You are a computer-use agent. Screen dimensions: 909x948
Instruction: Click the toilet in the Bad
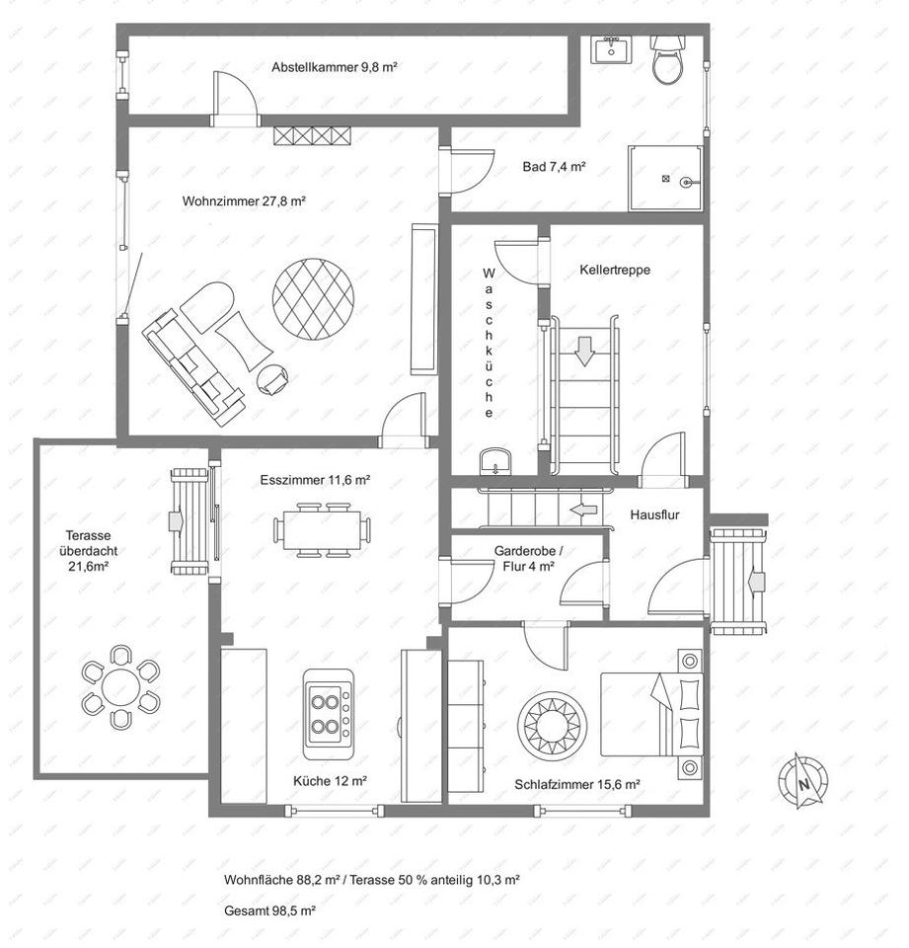tap(668, 62)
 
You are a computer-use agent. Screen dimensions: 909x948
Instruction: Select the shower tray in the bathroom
tap(665, 179)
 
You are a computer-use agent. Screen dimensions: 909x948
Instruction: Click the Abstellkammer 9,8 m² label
tap(335, 67)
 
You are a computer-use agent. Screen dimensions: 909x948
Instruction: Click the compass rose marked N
tap(803, 782)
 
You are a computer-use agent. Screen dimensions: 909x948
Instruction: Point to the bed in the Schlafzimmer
tap(652, 711)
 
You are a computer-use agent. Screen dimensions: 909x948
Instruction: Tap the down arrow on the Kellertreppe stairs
tap(585, 351)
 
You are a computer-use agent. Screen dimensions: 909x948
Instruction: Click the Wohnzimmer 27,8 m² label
tap(244, 200)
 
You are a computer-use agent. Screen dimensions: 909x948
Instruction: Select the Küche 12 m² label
tap(330, 780)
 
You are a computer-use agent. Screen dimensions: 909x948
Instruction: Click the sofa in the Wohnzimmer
tap(193, 365)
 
